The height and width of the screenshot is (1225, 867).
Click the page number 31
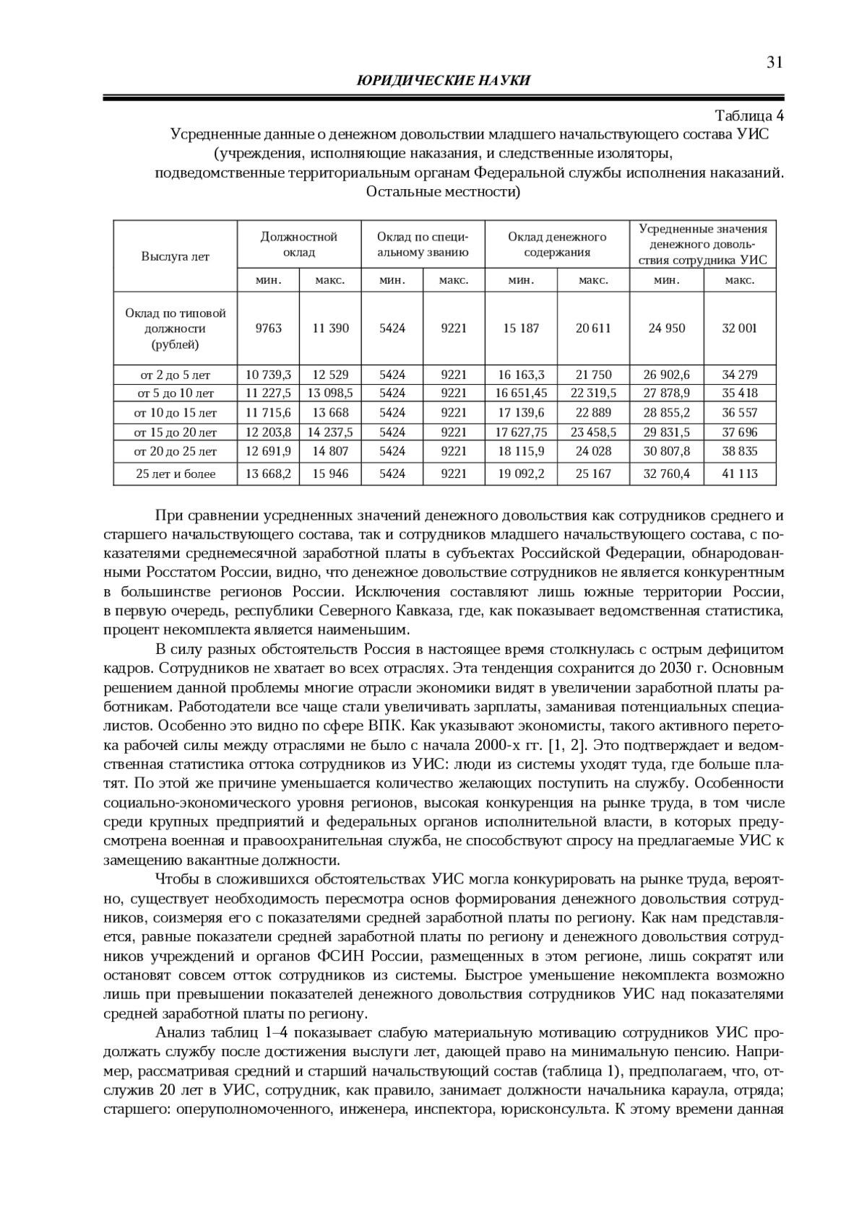tap(775, 63)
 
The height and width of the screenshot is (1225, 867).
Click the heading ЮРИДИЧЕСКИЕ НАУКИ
tap(444, 81)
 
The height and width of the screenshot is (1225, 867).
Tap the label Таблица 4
tap(749, 115)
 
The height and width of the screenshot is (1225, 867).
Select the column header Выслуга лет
tap(175, 256)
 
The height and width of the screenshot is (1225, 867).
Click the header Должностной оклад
tap(299, 244)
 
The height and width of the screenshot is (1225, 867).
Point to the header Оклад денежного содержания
tap(557, 244)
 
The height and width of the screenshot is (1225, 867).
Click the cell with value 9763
tap(269, 328)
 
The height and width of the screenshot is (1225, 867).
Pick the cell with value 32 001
tap(739, 328)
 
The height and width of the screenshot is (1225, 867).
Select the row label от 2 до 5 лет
tap(176, 375)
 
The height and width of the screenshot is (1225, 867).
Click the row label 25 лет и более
tap(176, 474)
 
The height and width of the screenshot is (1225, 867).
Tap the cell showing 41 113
tap(739, 474)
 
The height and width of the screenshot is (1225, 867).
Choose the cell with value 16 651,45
tap(521, 393)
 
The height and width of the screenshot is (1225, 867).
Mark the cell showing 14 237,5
tap(330, 432)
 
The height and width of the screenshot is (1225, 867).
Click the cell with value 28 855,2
tap(666, 413)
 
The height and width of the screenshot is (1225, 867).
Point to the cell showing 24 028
tap(593, 451)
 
